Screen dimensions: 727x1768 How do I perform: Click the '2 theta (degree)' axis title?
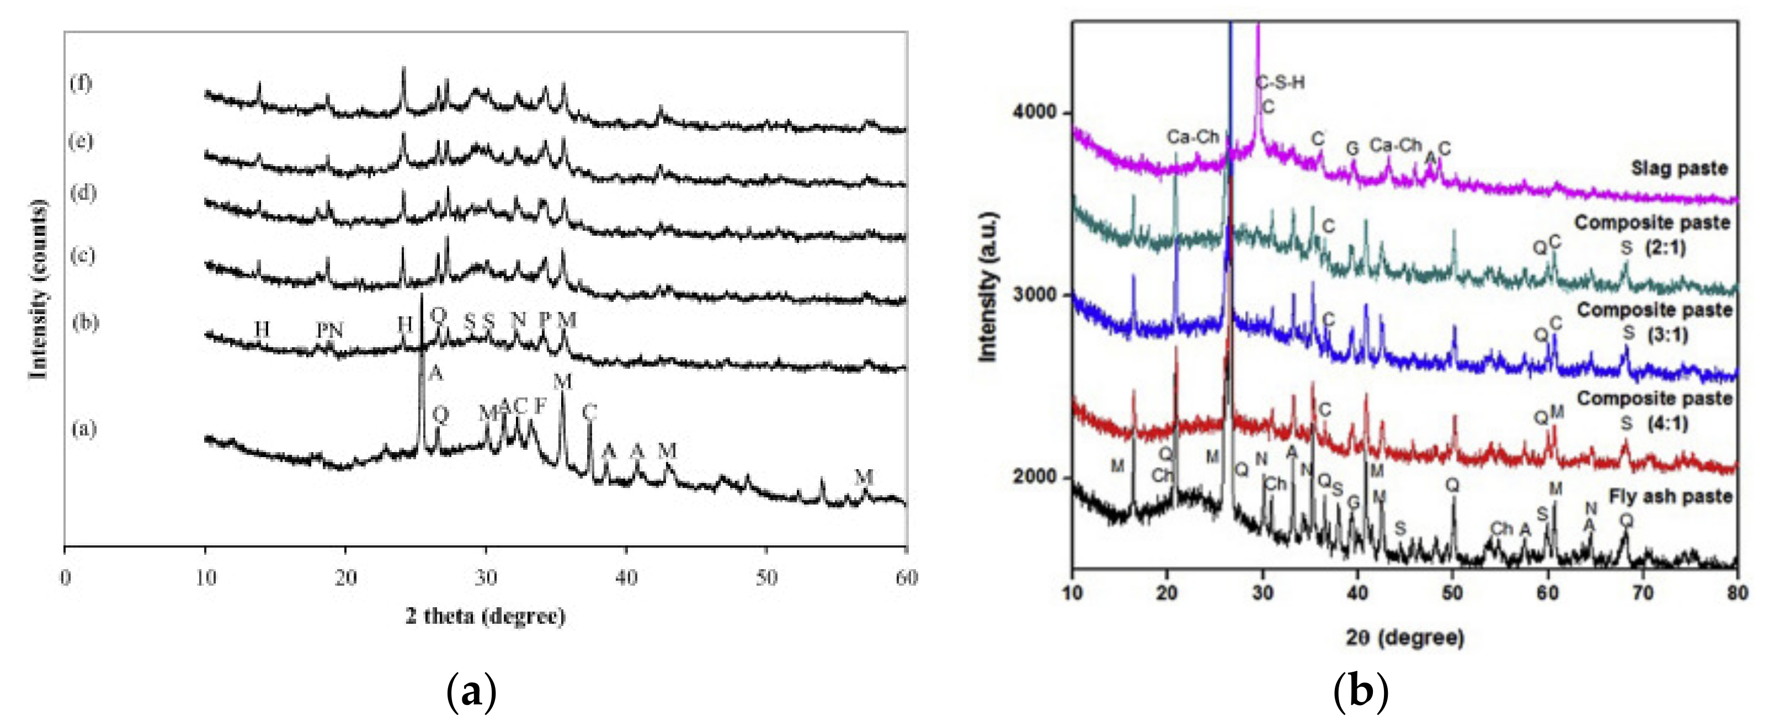click(485, 616)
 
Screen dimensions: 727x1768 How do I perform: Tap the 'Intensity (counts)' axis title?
click(39, 288)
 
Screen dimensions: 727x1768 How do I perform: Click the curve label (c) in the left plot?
click(82, 256)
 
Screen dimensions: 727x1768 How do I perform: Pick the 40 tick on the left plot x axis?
click(626, 577)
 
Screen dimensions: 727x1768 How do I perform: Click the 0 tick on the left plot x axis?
click(65, 577)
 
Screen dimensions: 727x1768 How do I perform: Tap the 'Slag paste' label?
click(1679, 168)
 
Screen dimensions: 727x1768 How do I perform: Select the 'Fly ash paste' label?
click(1670, 496)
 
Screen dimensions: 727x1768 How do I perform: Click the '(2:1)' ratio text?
click(1666, 247)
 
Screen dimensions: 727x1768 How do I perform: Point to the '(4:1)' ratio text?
click(1667, 423)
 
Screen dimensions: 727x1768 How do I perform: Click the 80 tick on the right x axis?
click(1737, 592)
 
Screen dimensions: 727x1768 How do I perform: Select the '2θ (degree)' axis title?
click(1404, 638)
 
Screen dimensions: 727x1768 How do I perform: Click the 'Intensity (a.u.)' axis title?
click(986, 287)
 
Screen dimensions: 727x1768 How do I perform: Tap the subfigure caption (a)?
click(471, 692)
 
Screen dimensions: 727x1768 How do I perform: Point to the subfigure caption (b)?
click(1360, 692)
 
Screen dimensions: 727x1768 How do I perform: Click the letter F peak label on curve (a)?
click(540, 406)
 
